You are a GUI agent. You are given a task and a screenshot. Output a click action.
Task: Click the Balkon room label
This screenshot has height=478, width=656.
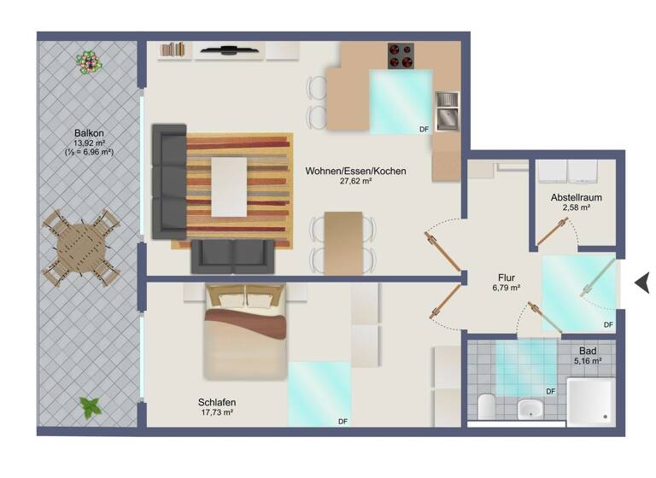pyautogui.click(x=89, y=133)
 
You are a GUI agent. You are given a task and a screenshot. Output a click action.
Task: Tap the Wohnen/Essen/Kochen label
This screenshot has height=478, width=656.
pyautogui.click(x=355, y=171)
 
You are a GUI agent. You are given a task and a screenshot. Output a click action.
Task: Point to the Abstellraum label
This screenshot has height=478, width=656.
pyautogui.click(x=577, y=198)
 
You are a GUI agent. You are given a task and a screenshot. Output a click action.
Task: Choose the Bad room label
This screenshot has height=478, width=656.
pyautogui.click(x=587, y=351)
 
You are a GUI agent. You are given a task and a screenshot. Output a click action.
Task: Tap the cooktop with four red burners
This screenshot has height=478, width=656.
pyautogui.click(x=400, y=55)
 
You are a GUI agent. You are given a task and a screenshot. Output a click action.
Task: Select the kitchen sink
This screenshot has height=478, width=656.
pyautogui.click(x=446, y=112)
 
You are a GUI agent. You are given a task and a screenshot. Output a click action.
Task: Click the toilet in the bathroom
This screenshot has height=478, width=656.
pyautogui.click(x=486, y=406)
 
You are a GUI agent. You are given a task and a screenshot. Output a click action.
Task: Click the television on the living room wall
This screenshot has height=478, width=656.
pyautogui.click(x=229, y=50)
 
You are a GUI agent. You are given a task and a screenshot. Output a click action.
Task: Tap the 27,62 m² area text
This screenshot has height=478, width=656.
pyautogui.click(x=355, y=182)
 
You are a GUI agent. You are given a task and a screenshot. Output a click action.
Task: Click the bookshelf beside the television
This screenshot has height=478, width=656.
pyautogui.click(x=173, y=50)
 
